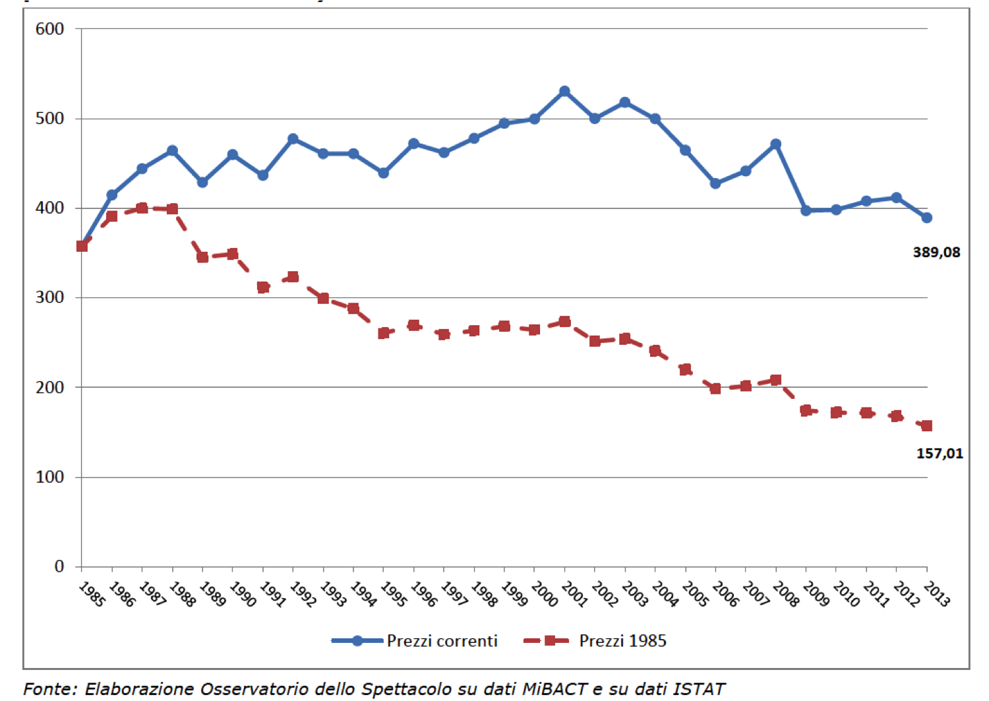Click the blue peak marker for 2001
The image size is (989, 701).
[x=564, y=92]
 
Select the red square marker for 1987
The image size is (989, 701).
[x=142, y=208]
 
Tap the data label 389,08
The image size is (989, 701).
[x=936, y=252]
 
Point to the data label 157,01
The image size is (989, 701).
[x=940, y=453]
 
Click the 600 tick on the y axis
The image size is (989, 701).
[x=49, y=29]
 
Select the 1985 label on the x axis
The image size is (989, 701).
[x=92, y=595]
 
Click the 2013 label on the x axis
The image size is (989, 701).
[x=936, y=595]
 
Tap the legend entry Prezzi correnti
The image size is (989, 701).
[x=442, y=641]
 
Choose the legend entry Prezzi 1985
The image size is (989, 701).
[x=622, y=641]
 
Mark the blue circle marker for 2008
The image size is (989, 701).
[x=776, y=144]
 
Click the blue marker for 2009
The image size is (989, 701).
[x=806, y=211]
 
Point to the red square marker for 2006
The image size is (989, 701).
[x=715, y=388]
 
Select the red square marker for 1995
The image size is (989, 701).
[x=384, y=333]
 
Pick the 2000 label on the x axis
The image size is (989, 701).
[x=544, y=595]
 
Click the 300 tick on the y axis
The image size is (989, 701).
[x=49, y=297]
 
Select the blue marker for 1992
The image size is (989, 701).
[x=293, y=139]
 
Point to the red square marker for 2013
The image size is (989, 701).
[x=927, y=426]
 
